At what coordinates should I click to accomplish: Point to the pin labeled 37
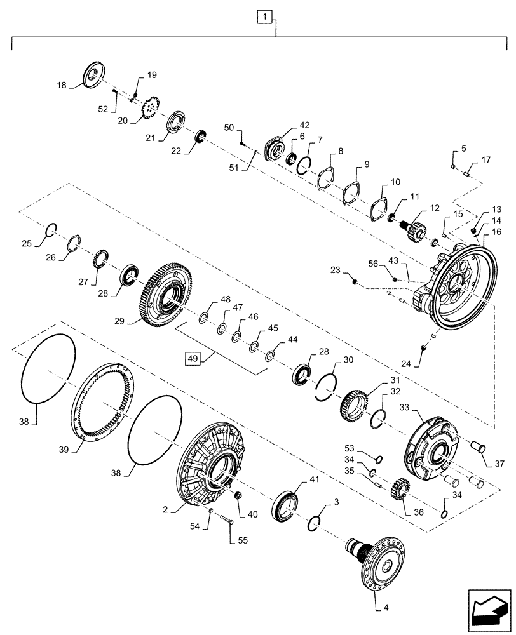coord(476,450)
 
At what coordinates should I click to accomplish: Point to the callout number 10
coord(395,182)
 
